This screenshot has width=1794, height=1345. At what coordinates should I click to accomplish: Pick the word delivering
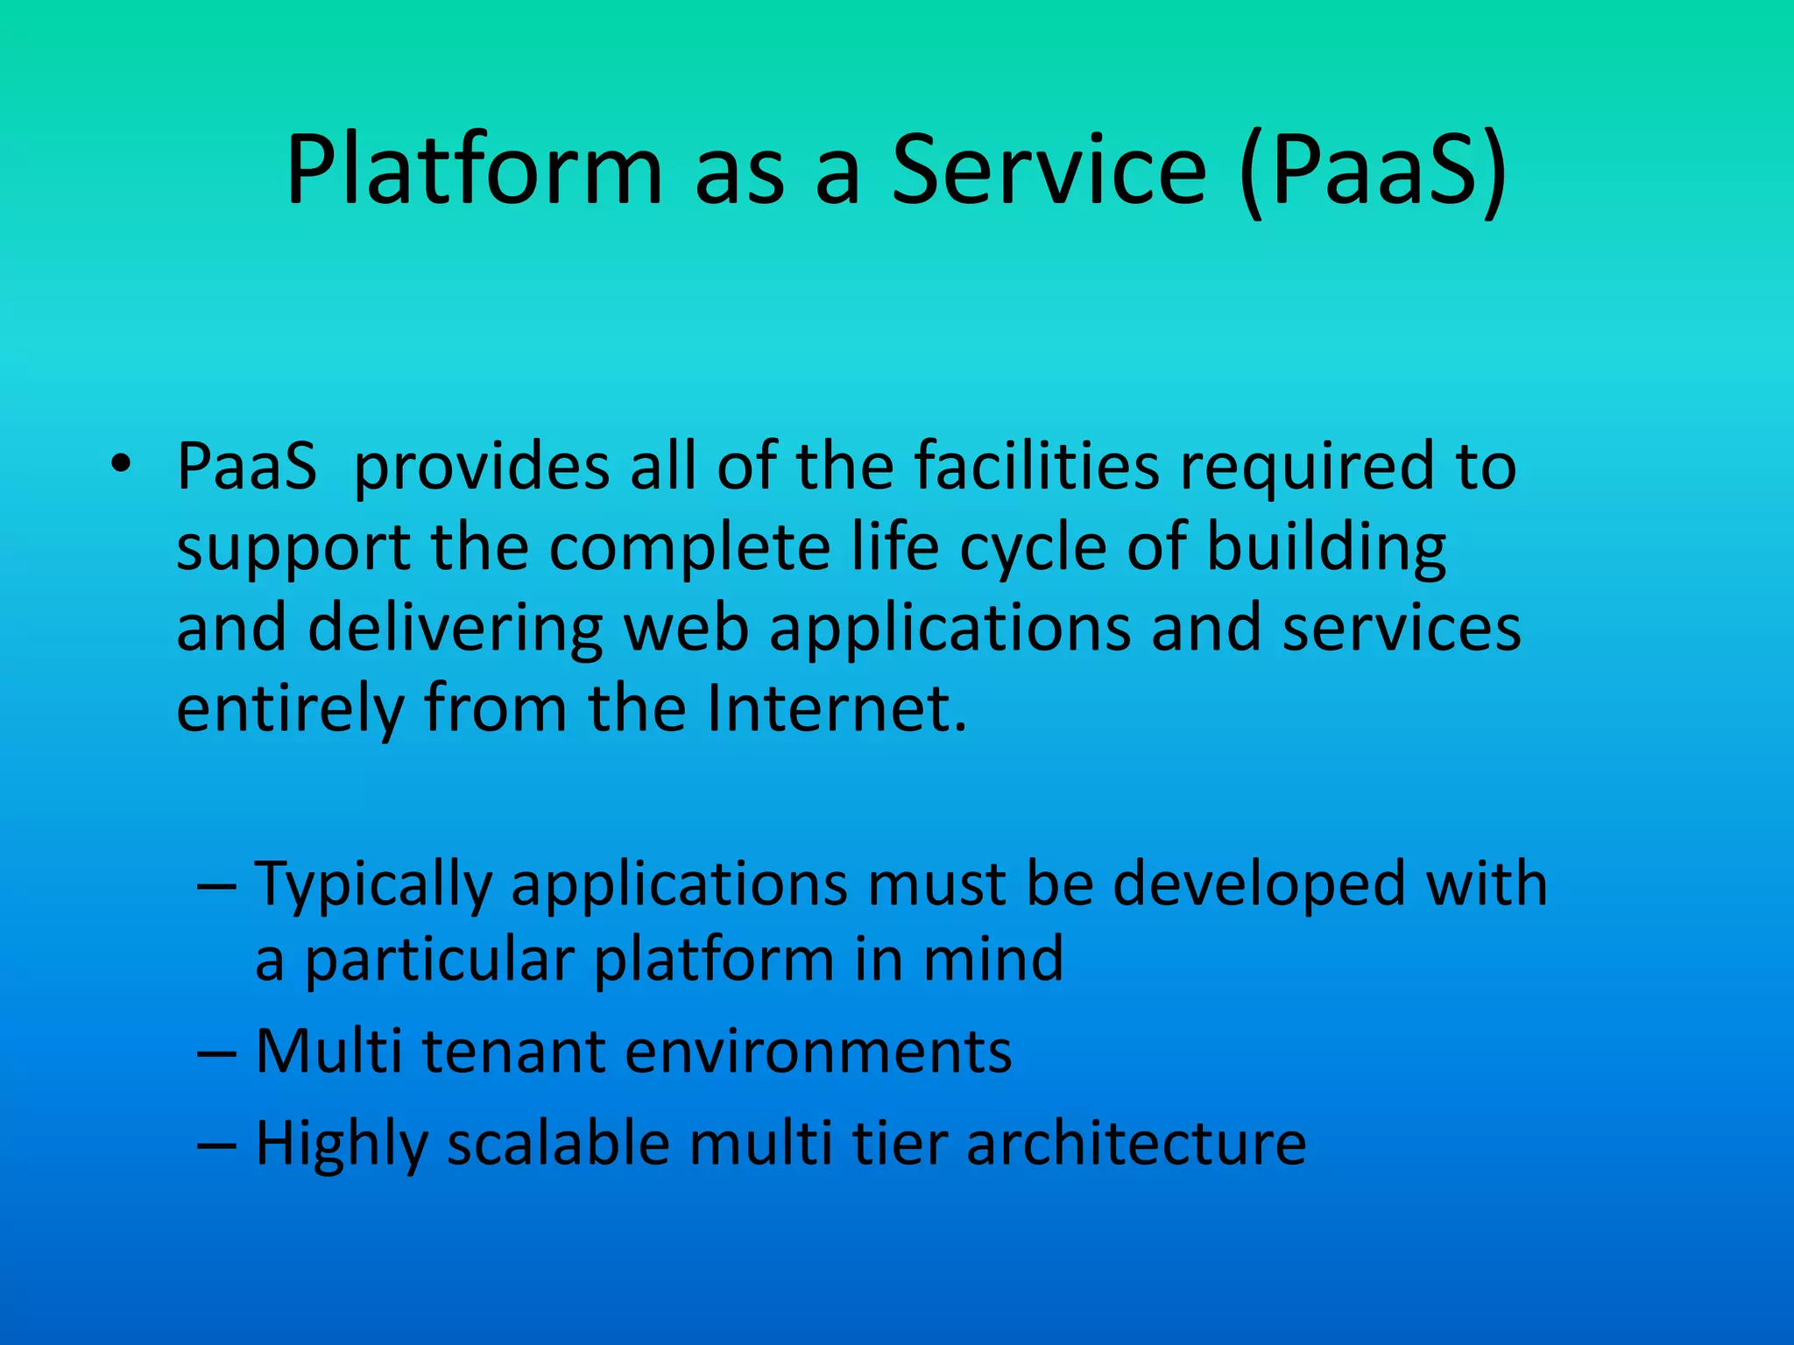coord(456,628)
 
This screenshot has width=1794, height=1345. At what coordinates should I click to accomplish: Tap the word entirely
coord(290,709)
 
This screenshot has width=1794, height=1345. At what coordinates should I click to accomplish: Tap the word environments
coord(818,1051)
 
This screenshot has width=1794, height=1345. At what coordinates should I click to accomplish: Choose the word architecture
coord(1136,1144)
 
